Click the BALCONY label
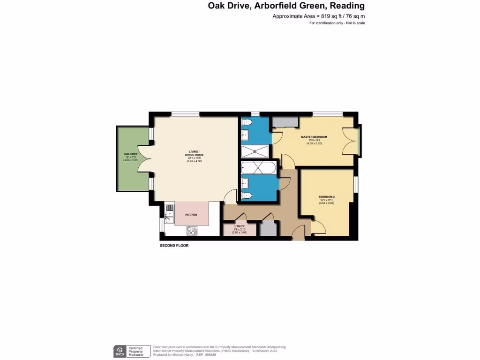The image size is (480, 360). pos(130,154)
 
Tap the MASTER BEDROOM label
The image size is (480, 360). pos(314,137)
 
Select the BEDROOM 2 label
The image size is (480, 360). pos(326,196)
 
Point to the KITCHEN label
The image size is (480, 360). pos(191,214)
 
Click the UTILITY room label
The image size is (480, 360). pos(240,226)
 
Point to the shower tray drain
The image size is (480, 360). pos(255,151)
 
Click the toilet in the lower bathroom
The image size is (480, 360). pos(247,195)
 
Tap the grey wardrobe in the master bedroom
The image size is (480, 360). pos(285,122)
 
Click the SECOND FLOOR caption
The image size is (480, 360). pos(174,245)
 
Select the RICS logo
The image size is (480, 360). pos(120,351)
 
